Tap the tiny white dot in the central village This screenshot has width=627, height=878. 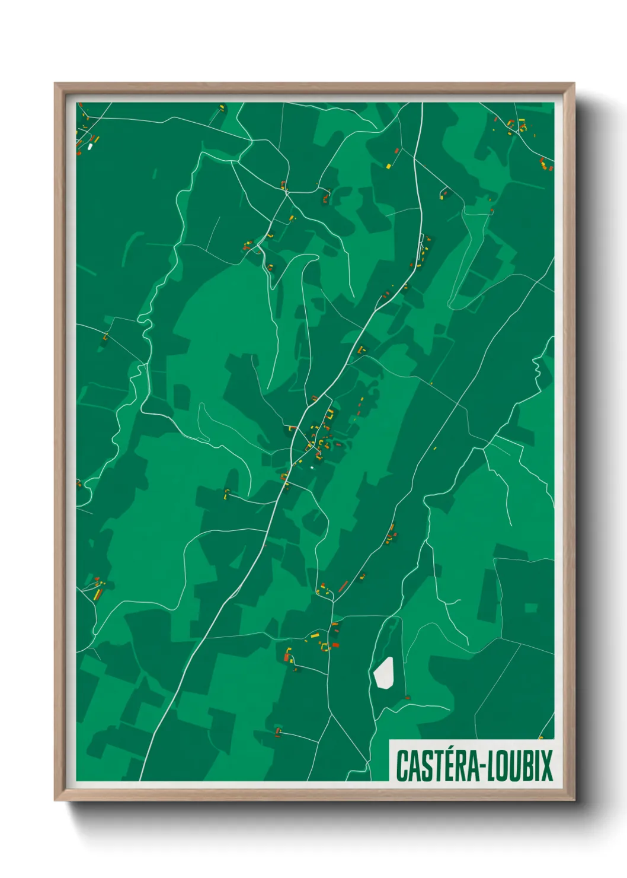click(x=312, y=467)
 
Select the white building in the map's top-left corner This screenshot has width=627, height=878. click(x=90, y=146)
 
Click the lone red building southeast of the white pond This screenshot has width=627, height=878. click(x=408, y=698)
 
